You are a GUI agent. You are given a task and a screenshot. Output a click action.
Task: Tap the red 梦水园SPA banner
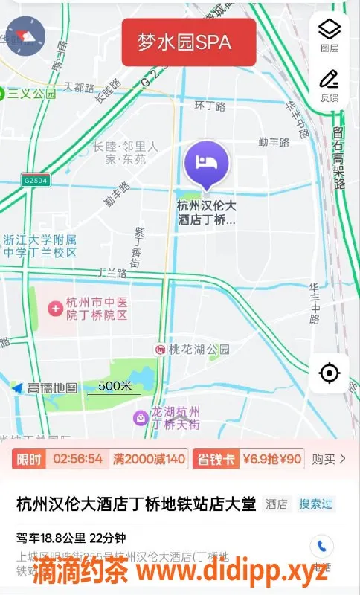pyautogui.click(x=189, y=42)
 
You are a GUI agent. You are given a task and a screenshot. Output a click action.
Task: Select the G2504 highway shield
pyautogui.click(x=34, y=180)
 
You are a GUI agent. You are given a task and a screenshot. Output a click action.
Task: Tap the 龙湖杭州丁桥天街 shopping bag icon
pyautogui.click(x=139, y=418)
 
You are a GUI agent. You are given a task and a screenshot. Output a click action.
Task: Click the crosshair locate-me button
pyautogui.click(x=330, y=373)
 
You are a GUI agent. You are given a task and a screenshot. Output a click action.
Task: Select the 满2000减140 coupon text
pyautogui.click(x=149, y=459)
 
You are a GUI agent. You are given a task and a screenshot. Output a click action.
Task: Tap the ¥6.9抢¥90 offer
pyautogui.click(x=271, y=459)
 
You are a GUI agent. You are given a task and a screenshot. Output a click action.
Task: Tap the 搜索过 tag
pyautogui.click(x=315, y=504)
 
